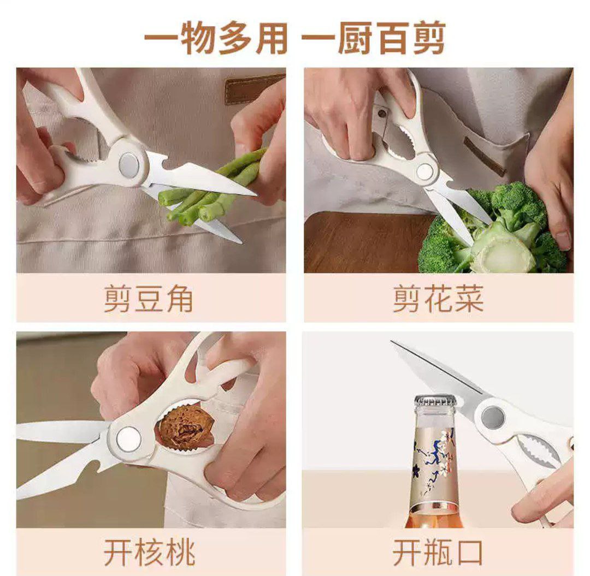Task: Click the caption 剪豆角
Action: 148,299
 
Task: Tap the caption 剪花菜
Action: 438,299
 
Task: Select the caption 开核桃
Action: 149,553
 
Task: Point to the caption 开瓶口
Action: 438,553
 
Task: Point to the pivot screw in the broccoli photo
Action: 424,172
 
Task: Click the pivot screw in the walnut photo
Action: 128,439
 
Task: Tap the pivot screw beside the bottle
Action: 493,417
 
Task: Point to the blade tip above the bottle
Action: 392,342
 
